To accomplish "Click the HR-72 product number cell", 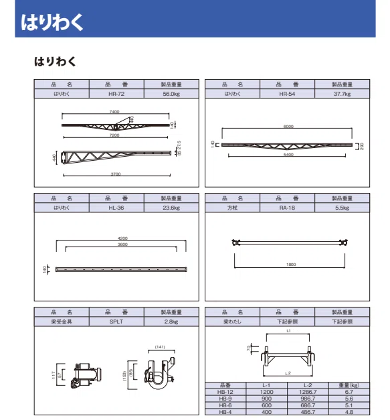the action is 116,94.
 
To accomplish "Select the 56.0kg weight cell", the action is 171,94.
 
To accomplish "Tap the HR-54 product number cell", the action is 287,94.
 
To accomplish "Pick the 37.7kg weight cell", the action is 342,94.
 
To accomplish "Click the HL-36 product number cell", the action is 116,208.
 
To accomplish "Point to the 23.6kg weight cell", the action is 171,208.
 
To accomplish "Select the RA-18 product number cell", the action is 287,208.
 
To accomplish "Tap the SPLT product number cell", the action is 116,322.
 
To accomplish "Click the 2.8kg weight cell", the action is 171,322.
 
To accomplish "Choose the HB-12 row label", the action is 225,392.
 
